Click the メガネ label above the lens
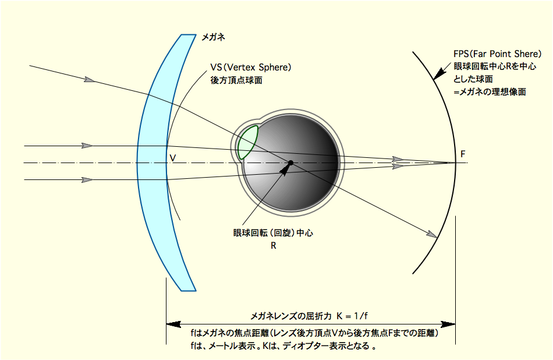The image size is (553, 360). [x=212, y=37]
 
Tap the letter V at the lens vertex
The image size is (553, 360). [x=172, y=158]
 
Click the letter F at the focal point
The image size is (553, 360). [x=463, y=154]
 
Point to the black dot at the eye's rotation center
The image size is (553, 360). [x=290, y=163]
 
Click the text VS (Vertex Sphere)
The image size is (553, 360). [x=251, y=67]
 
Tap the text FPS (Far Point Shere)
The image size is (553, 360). [x=497, y=54]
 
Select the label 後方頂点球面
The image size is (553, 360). [x=236, y=80]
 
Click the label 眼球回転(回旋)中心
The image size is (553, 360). [x=273, y=233]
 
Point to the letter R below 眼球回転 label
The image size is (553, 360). [x=274, y=246]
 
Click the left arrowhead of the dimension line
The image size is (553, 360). [x=173, y=324]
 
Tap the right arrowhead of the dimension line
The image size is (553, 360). [x=448, y=324]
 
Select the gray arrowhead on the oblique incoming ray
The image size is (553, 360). [x=90, y=80]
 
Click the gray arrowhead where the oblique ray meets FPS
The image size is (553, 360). [x=433, y=234]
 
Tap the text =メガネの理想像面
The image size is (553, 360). [x=490, y=92]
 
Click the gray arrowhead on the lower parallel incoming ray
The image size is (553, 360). [x=87, y=180]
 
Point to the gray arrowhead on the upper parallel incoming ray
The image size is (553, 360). [x=87, y=146]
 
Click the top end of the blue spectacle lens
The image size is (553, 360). [x=189, y=34]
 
